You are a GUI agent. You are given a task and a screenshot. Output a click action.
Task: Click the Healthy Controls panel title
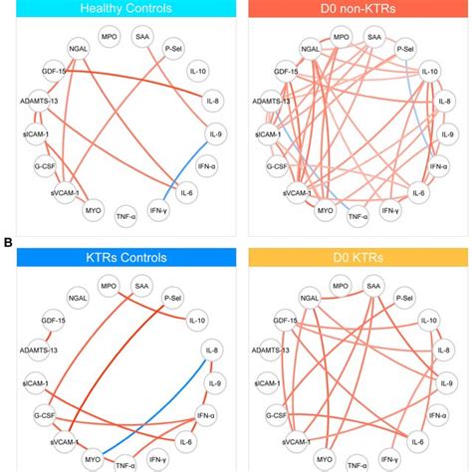pos(118,9)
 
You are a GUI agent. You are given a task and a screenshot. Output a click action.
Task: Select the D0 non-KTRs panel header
pos(354,9)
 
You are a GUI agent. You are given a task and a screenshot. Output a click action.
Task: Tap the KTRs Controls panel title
pos(118,257)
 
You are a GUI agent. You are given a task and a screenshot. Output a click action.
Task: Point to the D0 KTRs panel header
pos(354,257)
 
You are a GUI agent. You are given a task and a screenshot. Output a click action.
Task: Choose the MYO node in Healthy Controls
pos(92,209)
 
